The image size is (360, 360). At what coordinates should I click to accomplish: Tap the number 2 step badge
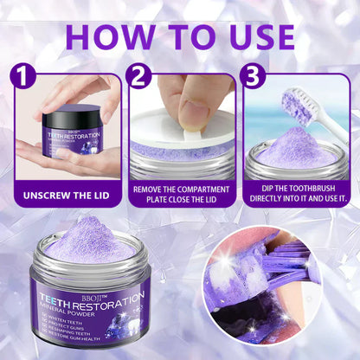[137, 76]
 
